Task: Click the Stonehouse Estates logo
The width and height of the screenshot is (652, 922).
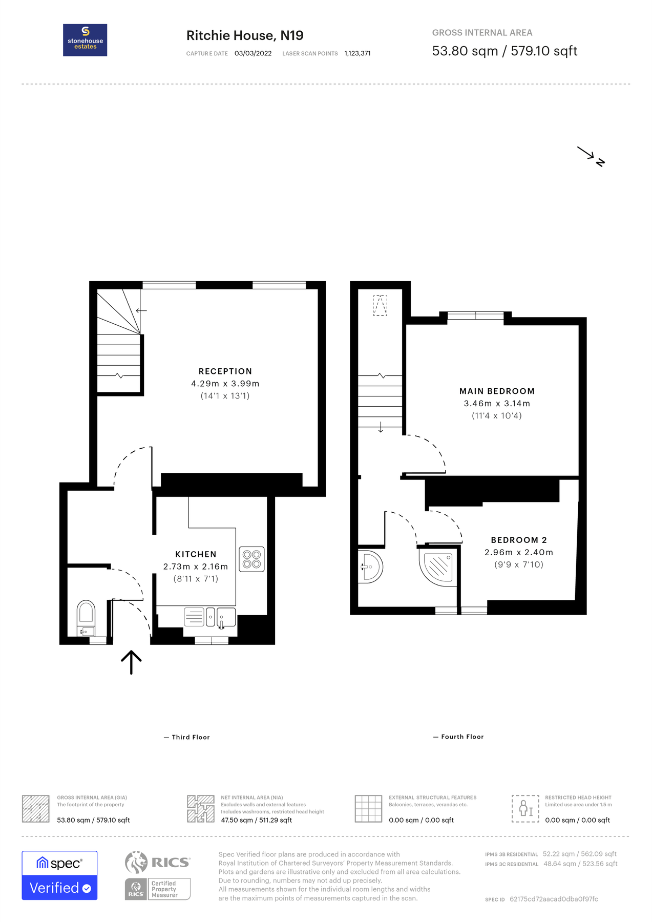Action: coord(85,40)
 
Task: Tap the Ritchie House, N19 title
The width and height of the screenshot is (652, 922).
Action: coord(245,35)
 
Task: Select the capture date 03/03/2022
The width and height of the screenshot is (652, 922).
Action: coord(253,53)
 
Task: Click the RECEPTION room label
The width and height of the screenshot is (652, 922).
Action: coord(225,371)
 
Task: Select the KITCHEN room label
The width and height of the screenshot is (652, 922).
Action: coord(196,554)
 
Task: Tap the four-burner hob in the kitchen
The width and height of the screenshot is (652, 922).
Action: coord(251,559)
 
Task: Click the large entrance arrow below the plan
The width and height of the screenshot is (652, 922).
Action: coord(131,662)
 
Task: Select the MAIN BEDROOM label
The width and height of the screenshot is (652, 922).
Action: coord(497,391)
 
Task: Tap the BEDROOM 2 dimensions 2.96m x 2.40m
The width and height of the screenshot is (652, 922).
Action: coord(518,552)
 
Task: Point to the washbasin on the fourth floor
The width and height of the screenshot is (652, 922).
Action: coord(371,567)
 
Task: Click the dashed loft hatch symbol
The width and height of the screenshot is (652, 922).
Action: coord(380,305)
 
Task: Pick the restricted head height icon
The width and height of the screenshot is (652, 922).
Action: coord(525,809)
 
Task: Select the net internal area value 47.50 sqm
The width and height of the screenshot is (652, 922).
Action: coord(256,820)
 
